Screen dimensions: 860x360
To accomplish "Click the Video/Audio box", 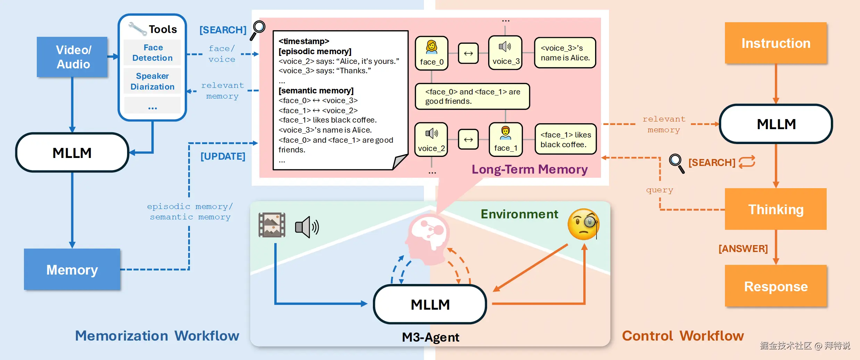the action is [72, 57].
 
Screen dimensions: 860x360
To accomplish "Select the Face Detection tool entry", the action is [152, 52].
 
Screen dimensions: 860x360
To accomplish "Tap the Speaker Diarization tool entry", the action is [152, 81].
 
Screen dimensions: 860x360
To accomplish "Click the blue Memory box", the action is [72, 269].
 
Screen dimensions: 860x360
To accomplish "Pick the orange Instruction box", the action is [776, 43].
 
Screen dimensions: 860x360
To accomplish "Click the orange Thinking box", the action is [776, 209].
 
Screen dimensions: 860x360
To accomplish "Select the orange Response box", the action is [776, 286].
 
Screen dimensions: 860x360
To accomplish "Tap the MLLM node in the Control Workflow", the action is [776, 124].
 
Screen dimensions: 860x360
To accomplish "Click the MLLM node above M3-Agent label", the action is [430, 304].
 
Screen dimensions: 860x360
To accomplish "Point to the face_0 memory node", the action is [432, 53].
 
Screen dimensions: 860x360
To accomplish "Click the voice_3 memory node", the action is [506, 53].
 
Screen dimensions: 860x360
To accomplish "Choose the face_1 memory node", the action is [506, 139].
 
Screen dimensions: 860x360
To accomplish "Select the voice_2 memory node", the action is [431, 139].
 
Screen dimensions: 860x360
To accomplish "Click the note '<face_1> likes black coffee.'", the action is [566, 139].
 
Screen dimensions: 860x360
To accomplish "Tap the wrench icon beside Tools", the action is [137, 28].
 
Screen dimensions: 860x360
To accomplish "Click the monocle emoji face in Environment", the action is [583, 224].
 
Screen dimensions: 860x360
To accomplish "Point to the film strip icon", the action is [272, 225].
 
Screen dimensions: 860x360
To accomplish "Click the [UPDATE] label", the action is [223, 156].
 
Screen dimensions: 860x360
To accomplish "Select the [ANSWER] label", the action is [743, 249].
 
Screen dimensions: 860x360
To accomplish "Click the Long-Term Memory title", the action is [529, 169].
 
